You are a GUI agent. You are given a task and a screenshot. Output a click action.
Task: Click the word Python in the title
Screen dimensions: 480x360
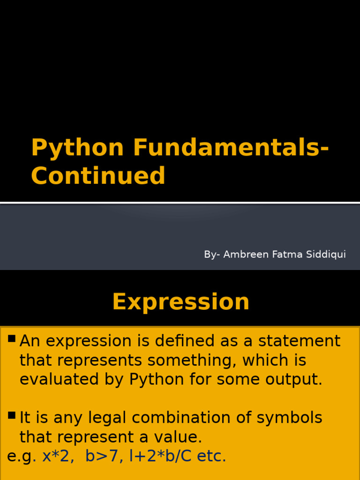tap(77, 148)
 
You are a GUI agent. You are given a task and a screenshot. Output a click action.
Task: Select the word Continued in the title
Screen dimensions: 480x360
tap(98, 176)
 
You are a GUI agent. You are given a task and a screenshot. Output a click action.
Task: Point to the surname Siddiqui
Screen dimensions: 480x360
tap(326, 254)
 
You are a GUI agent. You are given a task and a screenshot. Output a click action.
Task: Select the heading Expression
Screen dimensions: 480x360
tap(180, 301)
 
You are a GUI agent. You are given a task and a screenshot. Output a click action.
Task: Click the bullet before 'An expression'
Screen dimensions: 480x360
tap(12, 338)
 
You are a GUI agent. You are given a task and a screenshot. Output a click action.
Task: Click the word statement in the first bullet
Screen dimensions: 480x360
tap(295, 341)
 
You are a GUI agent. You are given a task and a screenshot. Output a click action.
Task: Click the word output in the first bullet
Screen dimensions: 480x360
tap(294, 380)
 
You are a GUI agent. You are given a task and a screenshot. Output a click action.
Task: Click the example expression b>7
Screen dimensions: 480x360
tap(101, 456)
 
